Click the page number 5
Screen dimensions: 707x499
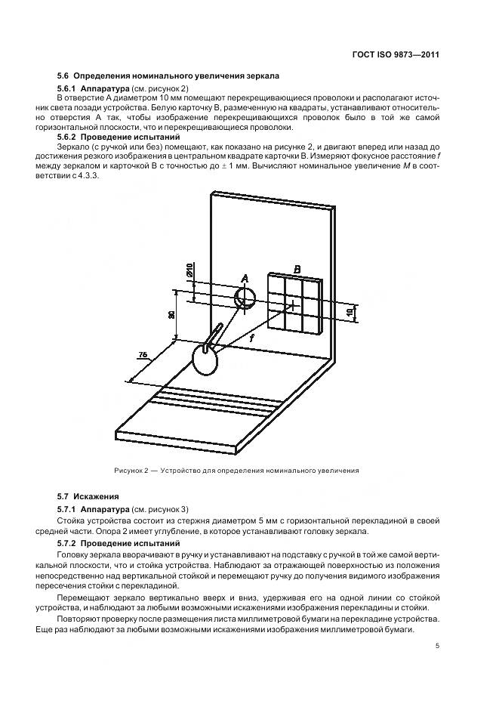pyautogui.click(x=438, y=646)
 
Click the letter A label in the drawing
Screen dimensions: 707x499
pyautogui.click(x=244, y=279)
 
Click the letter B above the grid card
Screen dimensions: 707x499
pyautogui.click(x=297, y=269)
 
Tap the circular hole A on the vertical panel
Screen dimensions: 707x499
pyautogui.click(x=245, y=298)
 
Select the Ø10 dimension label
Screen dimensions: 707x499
pyautogui.click(x=189, y=270)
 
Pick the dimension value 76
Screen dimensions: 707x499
pyautogui.click(x=142, y=355)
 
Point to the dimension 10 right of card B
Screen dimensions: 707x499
pyautogui.click(x=350, y=312)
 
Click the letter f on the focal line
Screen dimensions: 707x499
pyautogui.click(x=251, y=339)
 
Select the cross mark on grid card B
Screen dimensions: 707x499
pyautogui.click(x=291, y=306)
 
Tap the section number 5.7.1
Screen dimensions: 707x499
pyautogui.click(x=70, y=510)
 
